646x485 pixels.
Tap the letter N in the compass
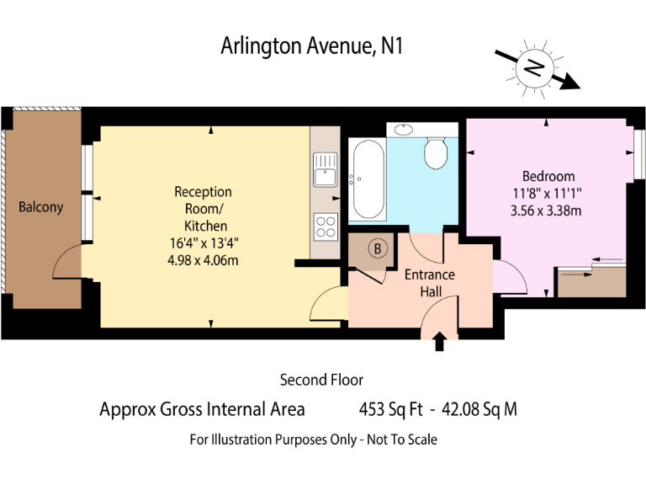tap(531, 67)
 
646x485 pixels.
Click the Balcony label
tap(41, 206)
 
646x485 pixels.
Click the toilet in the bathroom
tap(435, 152)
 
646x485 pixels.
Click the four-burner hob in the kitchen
tap(325, 226)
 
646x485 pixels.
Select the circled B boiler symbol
tap(378, 248)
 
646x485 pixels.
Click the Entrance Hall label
tap(430, 283)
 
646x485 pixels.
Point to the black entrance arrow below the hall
tap(438, 341)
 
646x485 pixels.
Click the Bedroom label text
tap(548, 176)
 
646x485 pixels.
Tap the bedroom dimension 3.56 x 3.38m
tap(546, 211)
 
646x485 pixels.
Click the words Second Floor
tap(321, 380)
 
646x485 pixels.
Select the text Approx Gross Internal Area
tap(202, 410)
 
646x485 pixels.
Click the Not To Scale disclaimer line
tap(313, 439)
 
